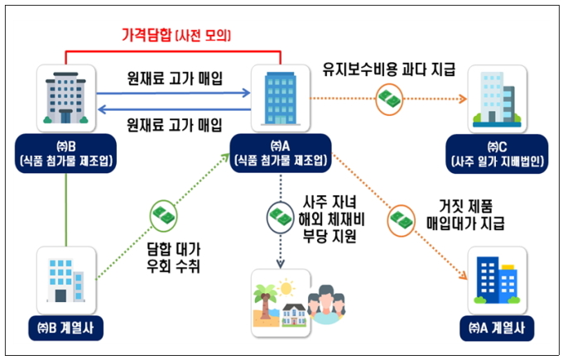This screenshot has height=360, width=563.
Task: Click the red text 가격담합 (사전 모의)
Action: click(x=176, y=35)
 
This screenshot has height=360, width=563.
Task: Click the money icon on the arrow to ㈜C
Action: click(x=390, y=99)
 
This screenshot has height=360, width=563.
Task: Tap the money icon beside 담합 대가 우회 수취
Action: click(x=164, y=216)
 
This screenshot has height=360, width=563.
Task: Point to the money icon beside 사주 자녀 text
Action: click(x=279, y=218)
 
